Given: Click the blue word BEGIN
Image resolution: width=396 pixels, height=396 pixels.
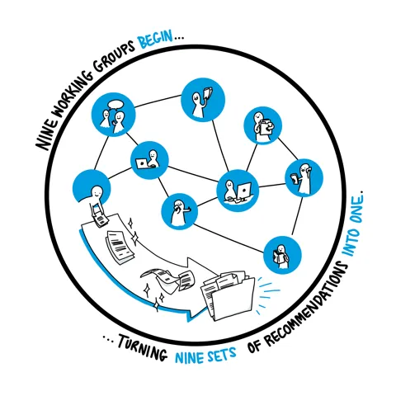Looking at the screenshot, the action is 156,40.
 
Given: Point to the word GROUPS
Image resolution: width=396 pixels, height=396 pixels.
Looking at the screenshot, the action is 113,57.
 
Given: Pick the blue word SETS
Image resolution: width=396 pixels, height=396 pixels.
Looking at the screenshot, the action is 222,354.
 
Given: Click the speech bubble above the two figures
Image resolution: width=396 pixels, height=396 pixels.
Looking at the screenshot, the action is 115,105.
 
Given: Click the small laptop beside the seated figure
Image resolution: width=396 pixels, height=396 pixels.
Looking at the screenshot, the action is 142,163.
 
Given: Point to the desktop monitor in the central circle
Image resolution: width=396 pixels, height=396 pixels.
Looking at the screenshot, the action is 244,191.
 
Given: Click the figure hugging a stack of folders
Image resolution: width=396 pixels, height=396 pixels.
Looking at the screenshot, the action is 262,127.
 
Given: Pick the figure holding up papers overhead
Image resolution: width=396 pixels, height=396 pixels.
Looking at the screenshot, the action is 202,102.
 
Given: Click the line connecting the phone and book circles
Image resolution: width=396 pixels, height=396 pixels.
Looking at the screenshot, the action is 297,216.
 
